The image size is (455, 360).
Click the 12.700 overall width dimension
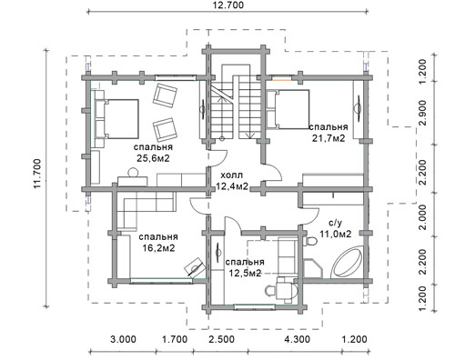pos(228,5)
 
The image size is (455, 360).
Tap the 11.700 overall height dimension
pos(37,174)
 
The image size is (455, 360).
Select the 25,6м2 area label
pos(153,158)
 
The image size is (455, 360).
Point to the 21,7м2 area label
pos(329,138)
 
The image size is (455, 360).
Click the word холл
pos(232,175)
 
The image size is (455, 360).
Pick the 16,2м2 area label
pos(158,248)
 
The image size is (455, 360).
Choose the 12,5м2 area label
pos(245,273)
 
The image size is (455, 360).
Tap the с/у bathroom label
pos(336,223)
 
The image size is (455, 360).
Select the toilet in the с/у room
pos(309,241)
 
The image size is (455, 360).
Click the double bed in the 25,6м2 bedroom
pos(116,118)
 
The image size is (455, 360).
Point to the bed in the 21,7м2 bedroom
pos(288,109)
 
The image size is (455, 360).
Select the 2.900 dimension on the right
pos(423,112)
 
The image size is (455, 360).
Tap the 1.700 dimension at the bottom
pos(175,339)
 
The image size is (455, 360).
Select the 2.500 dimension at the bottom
pos(221,339)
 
